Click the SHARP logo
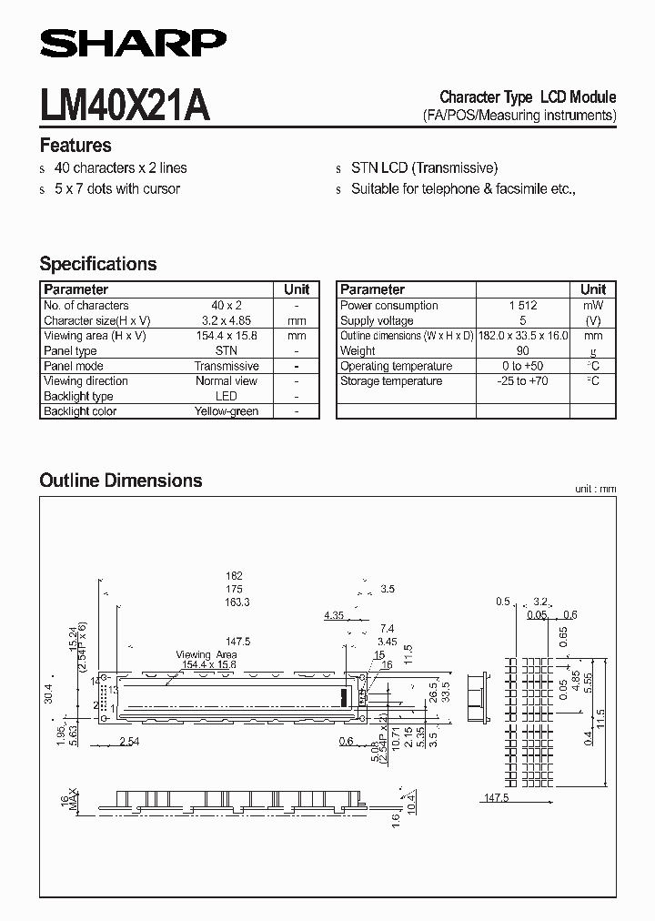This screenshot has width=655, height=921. [x=133, y=42]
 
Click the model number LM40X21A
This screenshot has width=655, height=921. [x=125, y=105]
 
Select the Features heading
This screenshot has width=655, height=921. [x=76, y=146]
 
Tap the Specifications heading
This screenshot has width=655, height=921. [x=98, y=264]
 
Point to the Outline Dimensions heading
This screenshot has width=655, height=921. [x=121, y=480]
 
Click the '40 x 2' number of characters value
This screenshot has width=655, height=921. [x=227, y=306]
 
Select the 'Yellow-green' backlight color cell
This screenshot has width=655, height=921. [x=227, y=411]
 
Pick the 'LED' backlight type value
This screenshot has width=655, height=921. [x=227, y=396]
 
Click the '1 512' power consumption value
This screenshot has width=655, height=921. [x=523, y=306]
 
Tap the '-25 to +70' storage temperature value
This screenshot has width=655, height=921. [x=523, y=381]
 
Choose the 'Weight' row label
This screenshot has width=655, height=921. [x=358, y=350]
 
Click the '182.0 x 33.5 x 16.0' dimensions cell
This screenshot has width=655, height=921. [x=523, y=336]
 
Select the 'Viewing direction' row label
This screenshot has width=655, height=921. [x=86, y=381]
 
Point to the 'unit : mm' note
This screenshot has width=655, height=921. [x=595, y=490]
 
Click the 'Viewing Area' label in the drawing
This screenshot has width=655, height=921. [x=207, y=654]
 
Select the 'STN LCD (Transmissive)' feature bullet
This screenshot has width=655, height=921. [x=425, y=168]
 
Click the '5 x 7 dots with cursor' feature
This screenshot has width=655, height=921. [x=117, y=189]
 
